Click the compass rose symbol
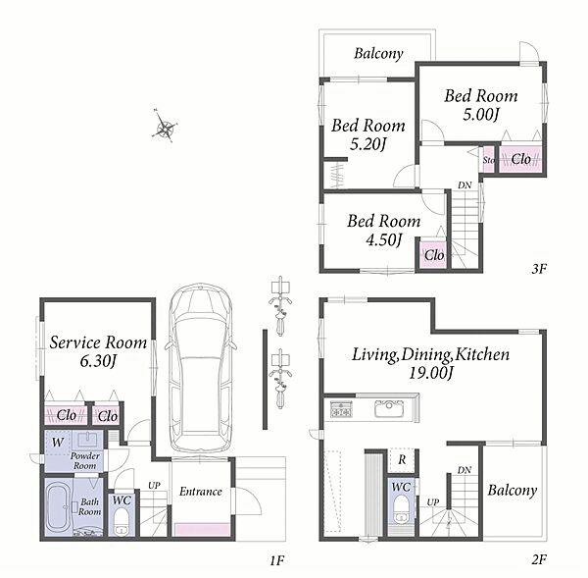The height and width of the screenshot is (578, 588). (x=165, y=126)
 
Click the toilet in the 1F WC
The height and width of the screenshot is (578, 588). (x=122, y=521)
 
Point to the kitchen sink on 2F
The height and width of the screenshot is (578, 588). (x=389, y=408)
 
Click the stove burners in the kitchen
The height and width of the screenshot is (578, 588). (x=341, y=408)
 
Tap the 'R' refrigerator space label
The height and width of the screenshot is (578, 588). (x=402, y=459)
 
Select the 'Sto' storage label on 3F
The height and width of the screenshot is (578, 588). (x=489, y=160)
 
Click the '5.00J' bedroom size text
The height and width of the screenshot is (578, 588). (x=481, y=114)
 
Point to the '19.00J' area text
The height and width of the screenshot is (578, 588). (x=431, y=373)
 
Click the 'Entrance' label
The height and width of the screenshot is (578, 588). (x=201, y=492)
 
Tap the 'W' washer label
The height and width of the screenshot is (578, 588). (x=58, y=442)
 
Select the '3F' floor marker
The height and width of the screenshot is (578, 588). (x=539, y=268)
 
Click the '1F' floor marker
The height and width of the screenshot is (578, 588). (x=276, y=560)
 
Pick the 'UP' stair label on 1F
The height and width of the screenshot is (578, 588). (x=154, y=485)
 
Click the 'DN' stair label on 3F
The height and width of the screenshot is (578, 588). (x=465, y=185)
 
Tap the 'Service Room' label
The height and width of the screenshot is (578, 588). (x=98, y=342)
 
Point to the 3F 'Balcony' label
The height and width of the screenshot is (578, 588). (x=378, y=53)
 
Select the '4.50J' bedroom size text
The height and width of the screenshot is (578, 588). (x=384, y=239)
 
